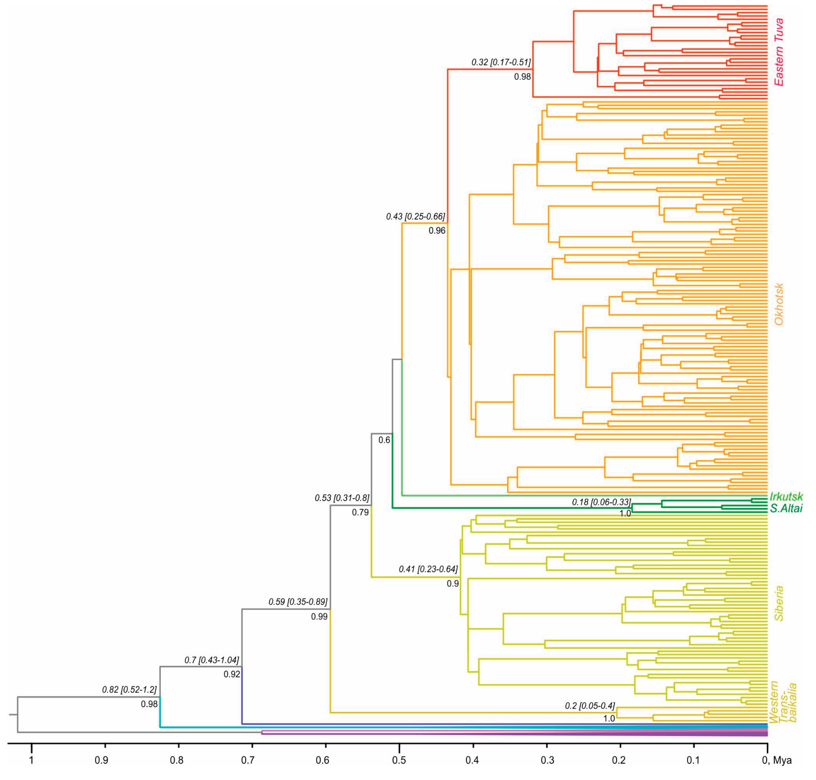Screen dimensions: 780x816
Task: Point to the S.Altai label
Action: click(786, 508)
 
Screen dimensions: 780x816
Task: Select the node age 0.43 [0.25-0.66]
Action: click(415, 217)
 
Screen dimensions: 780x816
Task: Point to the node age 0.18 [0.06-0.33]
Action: click(601, 502)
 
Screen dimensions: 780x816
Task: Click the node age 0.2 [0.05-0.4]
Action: click(590, 705)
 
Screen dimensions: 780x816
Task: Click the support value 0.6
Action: click(384, 440)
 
